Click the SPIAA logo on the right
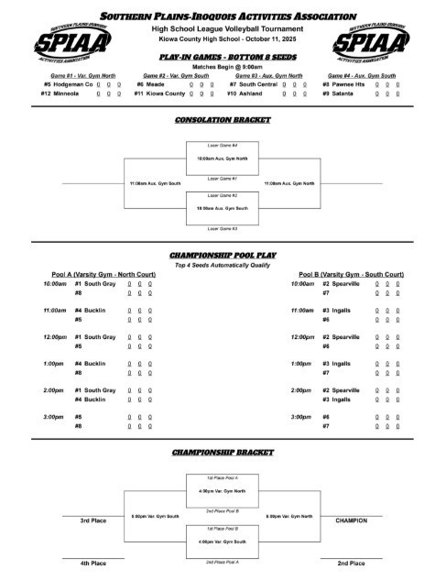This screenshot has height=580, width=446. point(374,42)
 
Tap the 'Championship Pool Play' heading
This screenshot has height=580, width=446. point(223,255)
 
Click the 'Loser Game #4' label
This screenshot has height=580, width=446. point(223,146)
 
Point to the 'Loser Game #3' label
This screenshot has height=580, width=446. point(223,227)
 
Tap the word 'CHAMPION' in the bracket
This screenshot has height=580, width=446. point(352,520)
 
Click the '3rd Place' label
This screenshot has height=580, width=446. point(92,520)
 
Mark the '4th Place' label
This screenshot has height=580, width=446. point(92,563)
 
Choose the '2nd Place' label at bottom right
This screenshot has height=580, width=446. point(352,563)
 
